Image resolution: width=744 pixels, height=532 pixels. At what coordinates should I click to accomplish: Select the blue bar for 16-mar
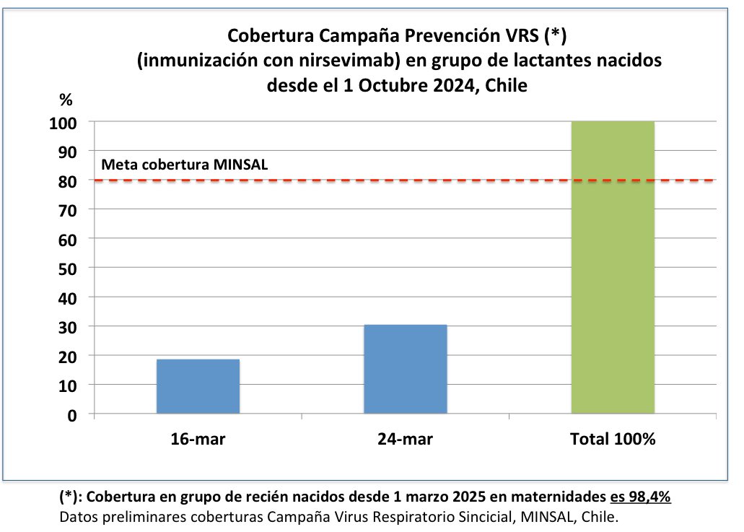coord(198,386)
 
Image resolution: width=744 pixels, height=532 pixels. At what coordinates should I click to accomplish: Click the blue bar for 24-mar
coord(405,369)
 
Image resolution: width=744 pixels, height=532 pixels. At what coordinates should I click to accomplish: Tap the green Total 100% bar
coord(613,267)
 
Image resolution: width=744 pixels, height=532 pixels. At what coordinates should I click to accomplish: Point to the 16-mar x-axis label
coord(198,439)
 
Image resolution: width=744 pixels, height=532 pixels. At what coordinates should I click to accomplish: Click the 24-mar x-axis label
coord(405,439)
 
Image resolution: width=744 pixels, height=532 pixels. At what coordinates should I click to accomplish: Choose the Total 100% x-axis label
coord(613,439)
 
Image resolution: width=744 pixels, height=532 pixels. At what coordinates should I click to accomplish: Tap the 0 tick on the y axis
coord(73,414)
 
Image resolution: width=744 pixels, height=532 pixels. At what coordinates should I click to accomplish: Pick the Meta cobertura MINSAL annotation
coord(185,164)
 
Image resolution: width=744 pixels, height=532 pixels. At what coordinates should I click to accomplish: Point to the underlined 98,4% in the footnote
coord(652,498)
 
